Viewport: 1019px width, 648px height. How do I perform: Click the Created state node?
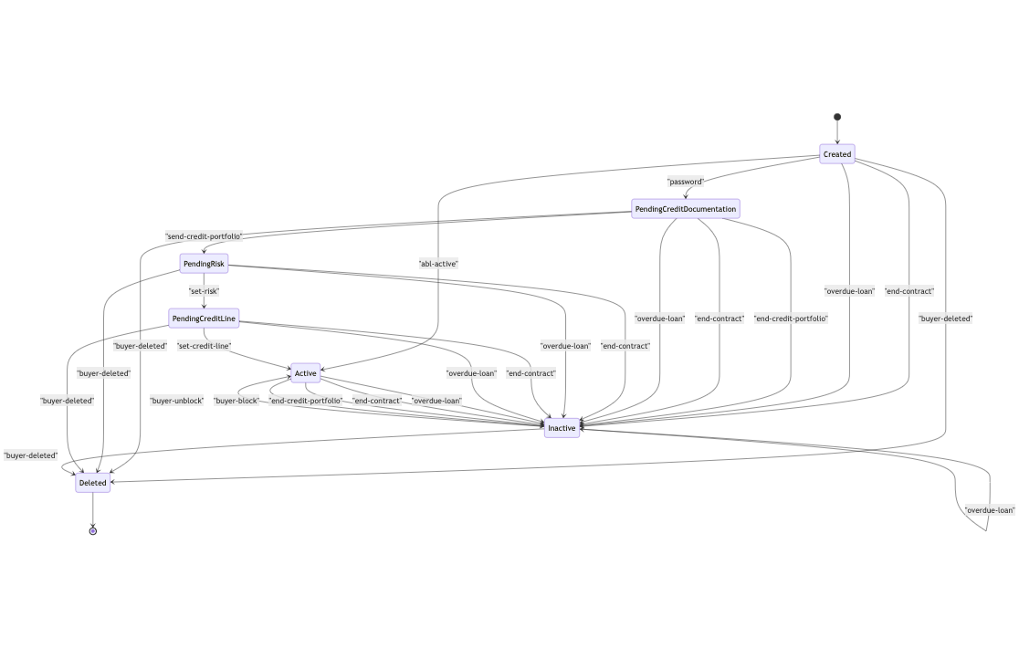click(x=836, y=154)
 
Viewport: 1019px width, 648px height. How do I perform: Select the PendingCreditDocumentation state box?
click(x=685, y=209)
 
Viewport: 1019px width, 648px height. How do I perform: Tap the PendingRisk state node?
click(x=204, y=264)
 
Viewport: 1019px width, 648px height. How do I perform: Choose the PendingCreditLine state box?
click(x=204, y=319)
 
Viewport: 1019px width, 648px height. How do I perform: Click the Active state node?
click(x=305, y=373)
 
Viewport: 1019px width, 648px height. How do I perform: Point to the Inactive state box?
click(x=562, y=428)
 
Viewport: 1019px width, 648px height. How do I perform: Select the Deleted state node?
click(x=92, y=483)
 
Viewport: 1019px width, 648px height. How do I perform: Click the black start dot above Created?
click(x=836, y=117)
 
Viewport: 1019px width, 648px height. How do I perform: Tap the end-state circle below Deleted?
click(x=92, y=530)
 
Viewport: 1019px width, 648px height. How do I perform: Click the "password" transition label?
click(x=685, y=182)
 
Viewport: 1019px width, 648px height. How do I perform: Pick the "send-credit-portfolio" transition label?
click(x=204, y=236)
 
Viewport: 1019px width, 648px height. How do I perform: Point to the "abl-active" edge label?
click(x=438, y=264)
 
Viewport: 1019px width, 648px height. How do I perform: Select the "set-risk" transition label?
click(x=204, y=291)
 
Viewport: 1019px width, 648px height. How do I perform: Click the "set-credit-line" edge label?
click(x=204, y=346)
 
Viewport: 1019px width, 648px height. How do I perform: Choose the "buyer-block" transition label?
click(x=236, y=401)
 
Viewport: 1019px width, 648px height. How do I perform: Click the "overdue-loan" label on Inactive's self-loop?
click(x=989, y=510)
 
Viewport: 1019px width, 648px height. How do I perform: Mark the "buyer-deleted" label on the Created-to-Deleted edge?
click(x=945, y=319)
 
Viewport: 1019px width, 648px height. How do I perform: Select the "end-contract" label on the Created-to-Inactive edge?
click(x=909, y=291)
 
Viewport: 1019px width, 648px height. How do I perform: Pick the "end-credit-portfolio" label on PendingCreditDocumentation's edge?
click(x=791, y=319)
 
